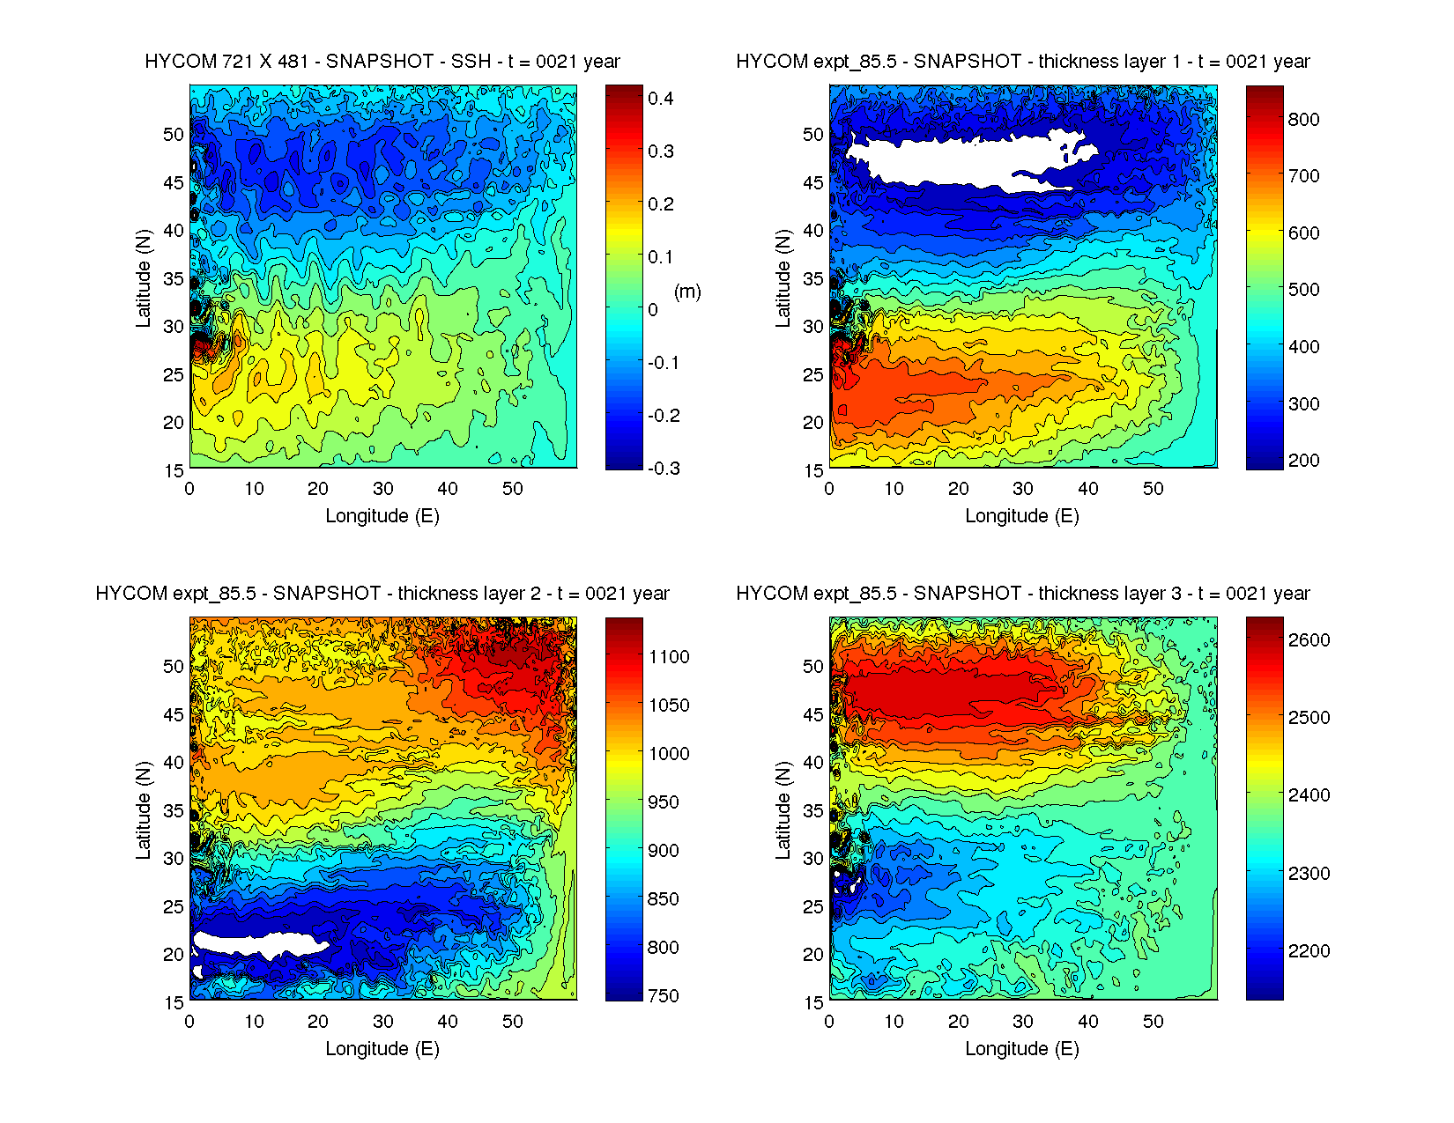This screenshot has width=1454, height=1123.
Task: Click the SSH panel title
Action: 382,62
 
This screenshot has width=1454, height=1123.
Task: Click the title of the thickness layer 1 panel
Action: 1022,62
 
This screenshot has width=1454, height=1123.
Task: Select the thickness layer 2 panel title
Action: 382,594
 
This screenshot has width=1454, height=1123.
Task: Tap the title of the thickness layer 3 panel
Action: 1022,594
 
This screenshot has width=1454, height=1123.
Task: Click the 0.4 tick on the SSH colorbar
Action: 660,99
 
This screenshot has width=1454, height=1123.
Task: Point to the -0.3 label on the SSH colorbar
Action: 663,469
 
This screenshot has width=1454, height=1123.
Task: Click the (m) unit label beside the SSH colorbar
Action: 687,292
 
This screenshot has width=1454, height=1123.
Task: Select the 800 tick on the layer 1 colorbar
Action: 1303,120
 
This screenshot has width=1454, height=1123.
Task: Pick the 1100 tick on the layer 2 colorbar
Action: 669,657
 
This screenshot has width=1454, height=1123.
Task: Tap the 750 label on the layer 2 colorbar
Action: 663,996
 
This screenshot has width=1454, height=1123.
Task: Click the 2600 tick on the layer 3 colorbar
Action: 1309,640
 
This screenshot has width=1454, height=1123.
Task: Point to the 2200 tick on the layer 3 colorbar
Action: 1309,951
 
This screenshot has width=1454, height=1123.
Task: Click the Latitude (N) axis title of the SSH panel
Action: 143,278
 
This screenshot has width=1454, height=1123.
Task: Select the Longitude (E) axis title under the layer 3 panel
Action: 1022,1049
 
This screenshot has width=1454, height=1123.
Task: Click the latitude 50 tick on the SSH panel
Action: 174,135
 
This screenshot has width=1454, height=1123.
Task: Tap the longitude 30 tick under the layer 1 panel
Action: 1023,489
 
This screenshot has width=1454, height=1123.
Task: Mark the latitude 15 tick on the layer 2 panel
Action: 174,1002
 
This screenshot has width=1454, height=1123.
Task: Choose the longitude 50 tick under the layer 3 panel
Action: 1153,1022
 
